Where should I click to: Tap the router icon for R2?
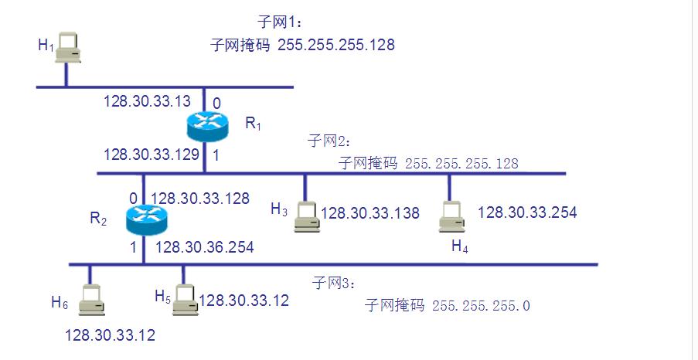click(145, 221)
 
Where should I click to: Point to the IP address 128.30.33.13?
click(147, 101)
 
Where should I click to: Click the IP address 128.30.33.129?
click(152, 155)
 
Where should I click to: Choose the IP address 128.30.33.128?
click(199, 199)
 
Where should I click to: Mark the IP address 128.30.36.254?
click(204, 247)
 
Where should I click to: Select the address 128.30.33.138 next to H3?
click(370, 213)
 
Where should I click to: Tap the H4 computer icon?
click(451, 217)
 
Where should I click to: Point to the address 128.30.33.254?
click(527, 212)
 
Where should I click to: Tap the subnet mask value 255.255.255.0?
click(481, 305)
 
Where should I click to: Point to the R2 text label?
click(98, 219)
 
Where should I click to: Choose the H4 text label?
click(460, 246)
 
